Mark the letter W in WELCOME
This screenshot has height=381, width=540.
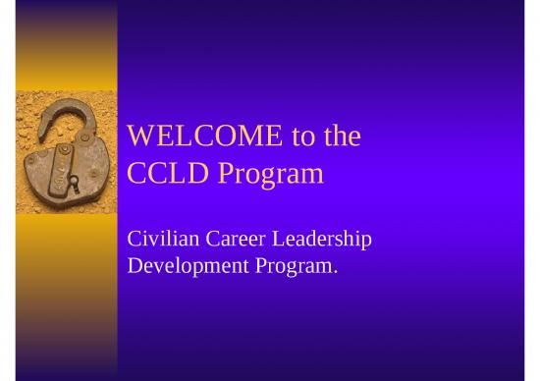point(140,136)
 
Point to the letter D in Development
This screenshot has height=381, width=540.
point(136,264)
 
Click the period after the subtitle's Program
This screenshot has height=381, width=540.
point(335,270)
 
